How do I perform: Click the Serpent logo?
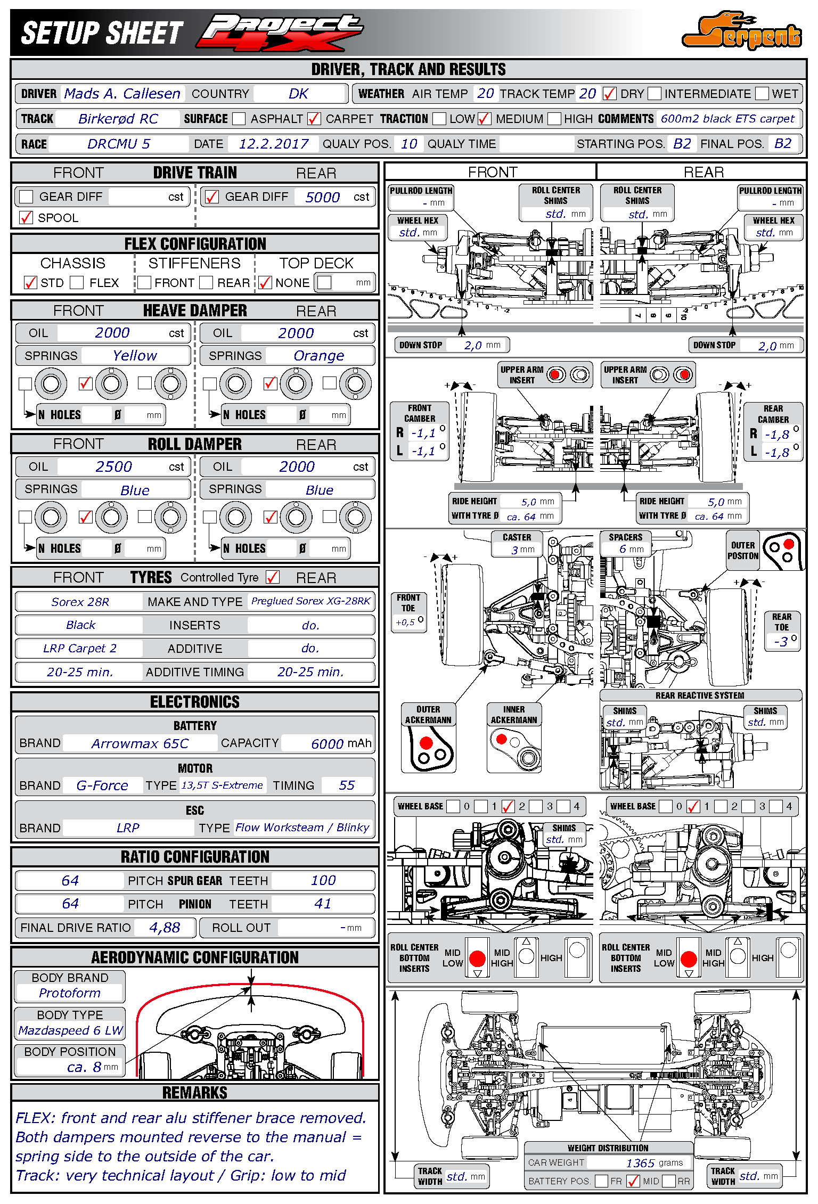coord(742,31)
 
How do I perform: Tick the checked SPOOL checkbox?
coord(26,217)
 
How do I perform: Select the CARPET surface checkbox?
coord(314,119)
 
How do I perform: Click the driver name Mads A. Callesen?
coord(122,94)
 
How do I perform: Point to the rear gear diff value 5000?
coord(322,197)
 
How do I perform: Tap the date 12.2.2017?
coord(273,144)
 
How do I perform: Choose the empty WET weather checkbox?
coord(762,94)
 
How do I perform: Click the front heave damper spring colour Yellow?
coord(135,355)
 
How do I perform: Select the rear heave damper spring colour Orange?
coord(318,355)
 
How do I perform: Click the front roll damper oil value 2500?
coord(113,466)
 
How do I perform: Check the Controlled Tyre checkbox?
coord(273,577)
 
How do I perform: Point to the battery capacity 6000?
coord(327,743)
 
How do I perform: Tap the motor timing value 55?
coord(347,785)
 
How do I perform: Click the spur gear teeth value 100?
coord(323,880)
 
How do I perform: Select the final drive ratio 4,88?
coord(165,928)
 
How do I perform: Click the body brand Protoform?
coord(70,993)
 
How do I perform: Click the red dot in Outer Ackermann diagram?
coord(426,742)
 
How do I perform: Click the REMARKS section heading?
coord(195,1093)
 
